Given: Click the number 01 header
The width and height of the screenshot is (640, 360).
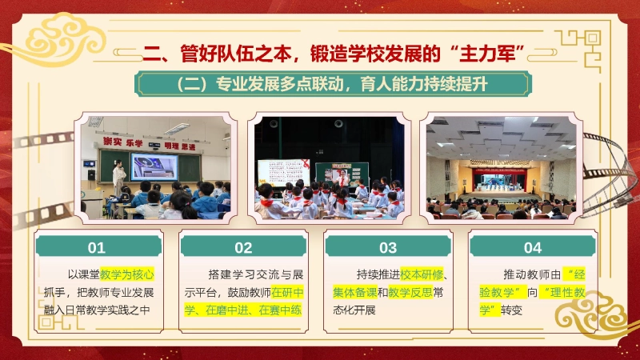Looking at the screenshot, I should click(97, 247).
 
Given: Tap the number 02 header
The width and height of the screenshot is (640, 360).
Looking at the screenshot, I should click(242, 247).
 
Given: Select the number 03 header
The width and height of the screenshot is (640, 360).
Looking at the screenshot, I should click(388, 247).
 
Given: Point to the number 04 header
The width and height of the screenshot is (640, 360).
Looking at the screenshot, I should click(533, 247).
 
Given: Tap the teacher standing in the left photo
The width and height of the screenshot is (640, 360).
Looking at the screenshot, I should click(119, 176).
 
